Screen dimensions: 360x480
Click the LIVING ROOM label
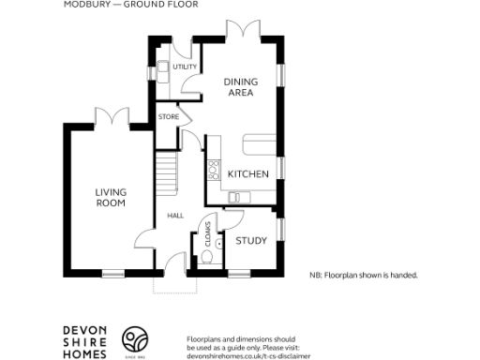[x=111, y=197]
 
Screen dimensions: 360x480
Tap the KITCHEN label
[x=248, y=174]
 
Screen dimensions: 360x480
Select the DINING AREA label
[x=240, y=87]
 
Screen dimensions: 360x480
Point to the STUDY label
[x=250, y=241]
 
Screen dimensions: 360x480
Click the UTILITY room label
[x=186, y=67]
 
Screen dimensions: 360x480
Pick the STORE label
[x=169, y=116]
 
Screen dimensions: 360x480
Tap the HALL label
[x=174, y=216]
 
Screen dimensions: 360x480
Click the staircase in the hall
[x=166, y=172]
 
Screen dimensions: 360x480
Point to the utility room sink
[x=162, y=67]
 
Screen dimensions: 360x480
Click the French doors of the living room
[x=115, y=116]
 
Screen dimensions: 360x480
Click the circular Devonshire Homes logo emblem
[x=137, y=338]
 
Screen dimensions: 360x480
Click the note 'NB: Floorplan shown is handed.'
[x=363, y=276]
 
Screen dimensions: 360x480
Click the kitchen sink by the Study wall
[x=234, y=196]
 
